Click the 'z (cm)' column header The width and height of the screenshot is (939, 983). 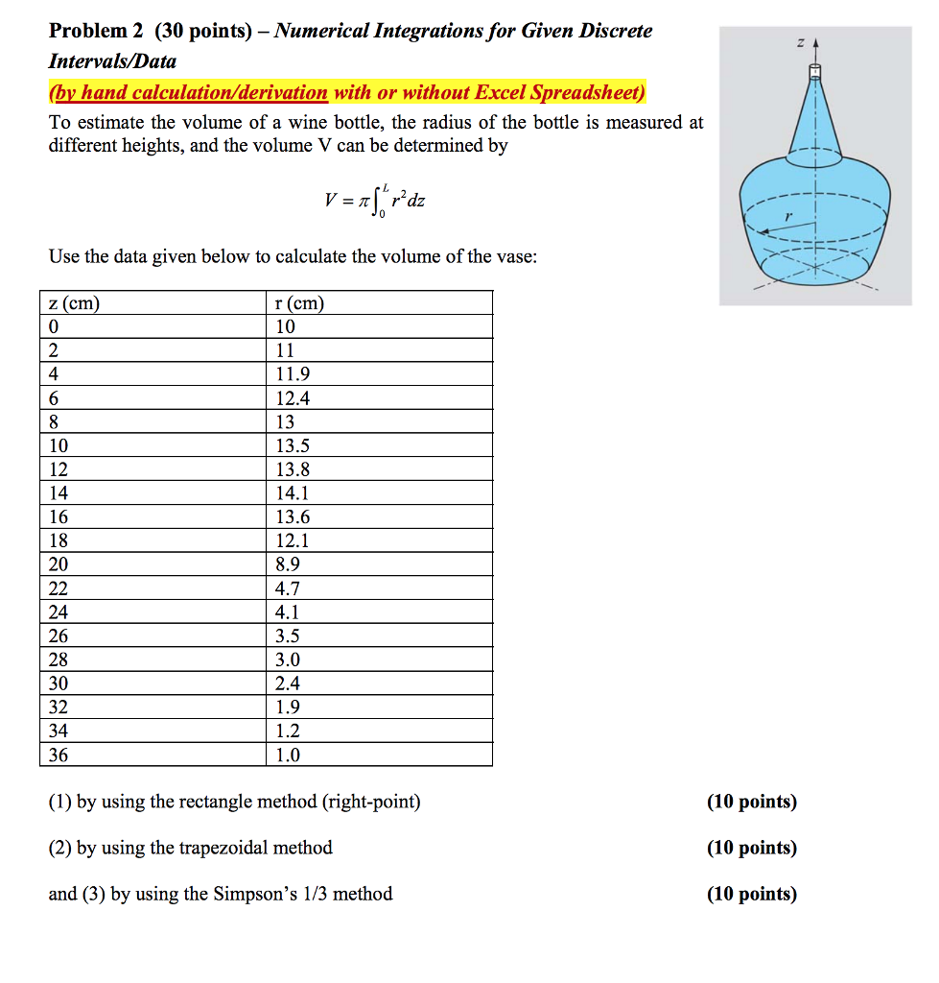point(74,303)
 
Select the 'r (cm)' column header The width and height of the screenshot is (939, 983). point(299,303)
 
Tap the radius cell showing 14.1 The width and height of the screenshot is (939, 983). point(293,493)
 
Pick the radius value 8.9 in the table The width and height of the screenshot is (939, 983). point(288,564)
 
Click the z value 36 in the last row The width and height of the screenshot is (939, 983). point(59,755)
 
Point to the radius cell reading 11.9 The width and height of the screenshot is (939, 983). point(293,374)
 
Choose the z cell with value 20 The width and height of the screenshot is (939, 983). point(59,564)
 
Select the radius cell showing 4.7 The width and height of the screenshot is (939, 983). point(288,588)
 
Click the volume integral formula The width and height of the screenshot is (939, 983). point(375,202)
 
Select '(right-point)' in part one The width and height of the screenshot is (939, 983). point(372,802)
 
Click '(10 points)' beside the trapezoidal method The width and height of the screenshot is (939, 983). point(751,848)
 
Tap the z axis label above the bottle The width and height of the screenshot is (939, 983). point(799,43)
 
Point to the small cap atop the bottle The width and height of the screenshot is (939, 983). point(815,70)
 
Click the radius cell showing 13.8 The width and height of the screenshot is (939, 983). point(293,469)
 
